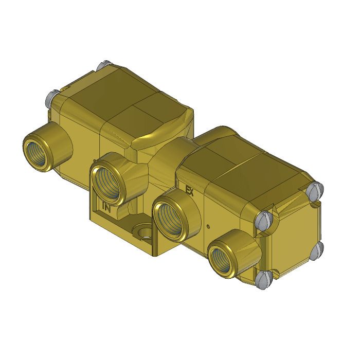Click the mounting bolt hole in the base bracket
click(x=143, y=232)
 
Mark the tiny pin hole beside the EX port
click(x=207, y=226)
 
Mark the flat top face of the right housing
click(x=242, y=165)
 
